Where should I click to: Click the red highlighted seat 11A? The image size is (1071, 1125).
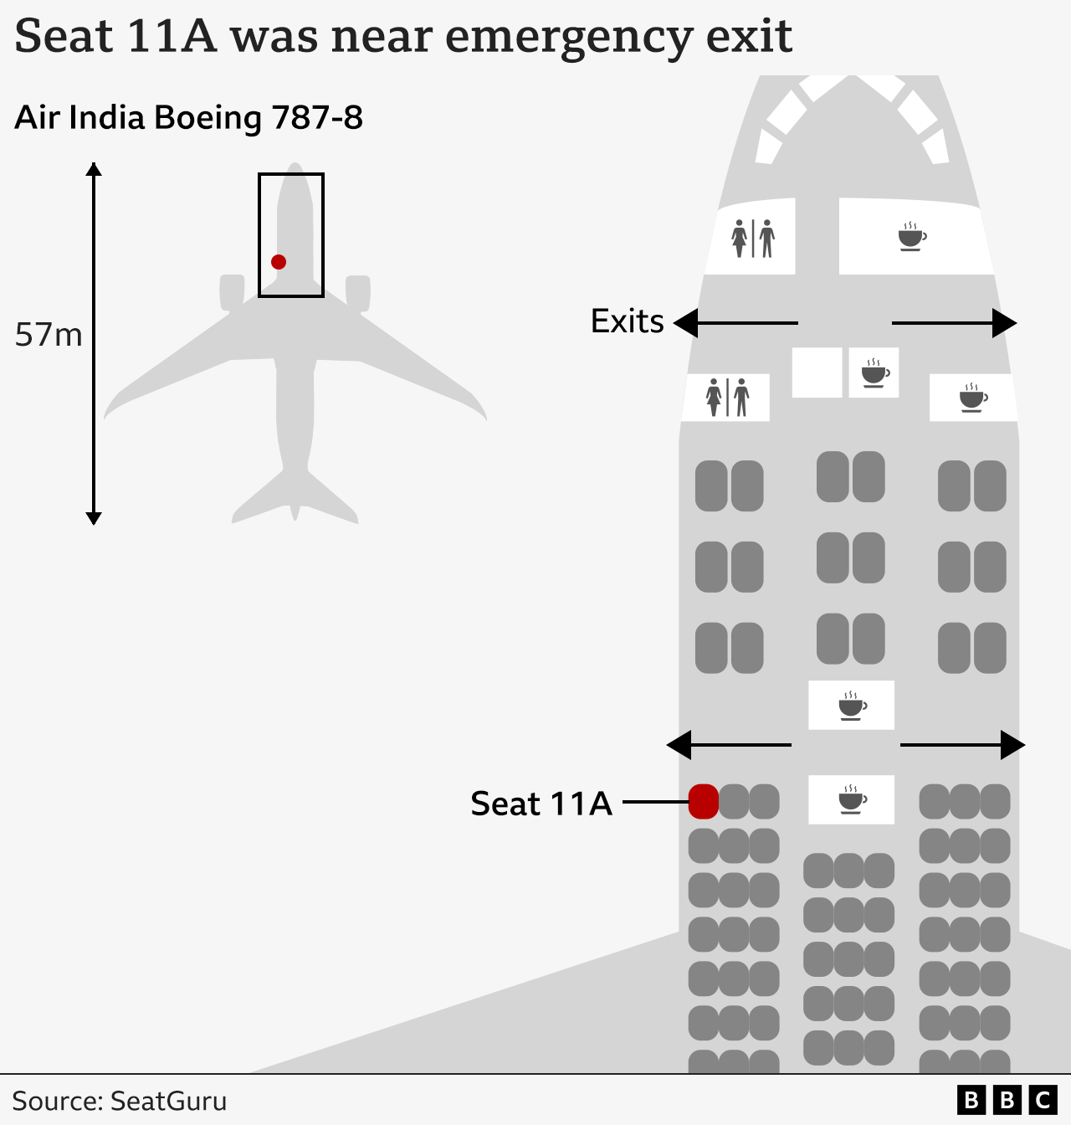click(x=703, y=802)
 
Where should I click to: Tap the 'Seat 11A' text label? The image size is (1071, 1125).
click(x=541, y=804)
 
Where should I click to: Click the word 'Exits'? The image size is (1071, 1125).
click(x=627, y=321)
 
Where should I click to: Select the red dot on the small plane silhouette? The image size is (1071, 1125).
click(x=279, y=262)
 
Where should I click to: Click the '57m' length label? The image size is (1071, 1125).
click(x=49, y=335)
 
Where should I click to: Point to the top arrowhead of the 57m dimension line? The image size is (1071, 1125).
click(x=94, y=168)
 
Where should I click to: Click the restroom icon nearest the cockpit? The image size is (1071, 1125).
click(x=753, y=239)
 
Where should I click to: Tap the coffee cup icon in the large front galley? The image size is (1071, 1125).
click(x=911, y=237)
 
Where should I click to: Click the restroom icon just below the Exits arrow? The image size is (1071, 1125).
click(x=727, y=397)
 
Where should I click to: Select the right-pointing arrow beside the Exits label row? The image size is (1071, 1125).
click(x=955, y=323)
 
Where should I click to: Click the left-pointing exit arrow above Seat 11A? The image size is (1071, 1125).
click(x=728, y=744)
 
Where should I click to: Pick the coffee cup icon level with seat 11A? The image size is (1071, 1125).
click(x=852, y=800)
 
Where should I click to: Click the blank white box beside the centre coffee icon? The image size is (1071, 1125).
click(x=817, y=372)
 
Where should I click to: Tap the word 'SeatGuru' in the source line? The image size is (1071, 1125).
click(x=168, y=1101)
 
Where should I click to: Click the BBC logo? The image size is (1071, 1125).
click(x=1007, y=1100)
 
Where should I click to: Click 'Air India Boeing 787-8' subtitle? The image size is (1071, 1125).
click(x=188, y=118)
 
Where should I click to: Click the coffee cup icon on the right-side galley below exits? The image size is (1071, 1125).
click(x=973, y=398)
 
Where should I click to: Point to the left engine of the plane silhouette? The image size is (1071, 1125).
click(x=231, y=292)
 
